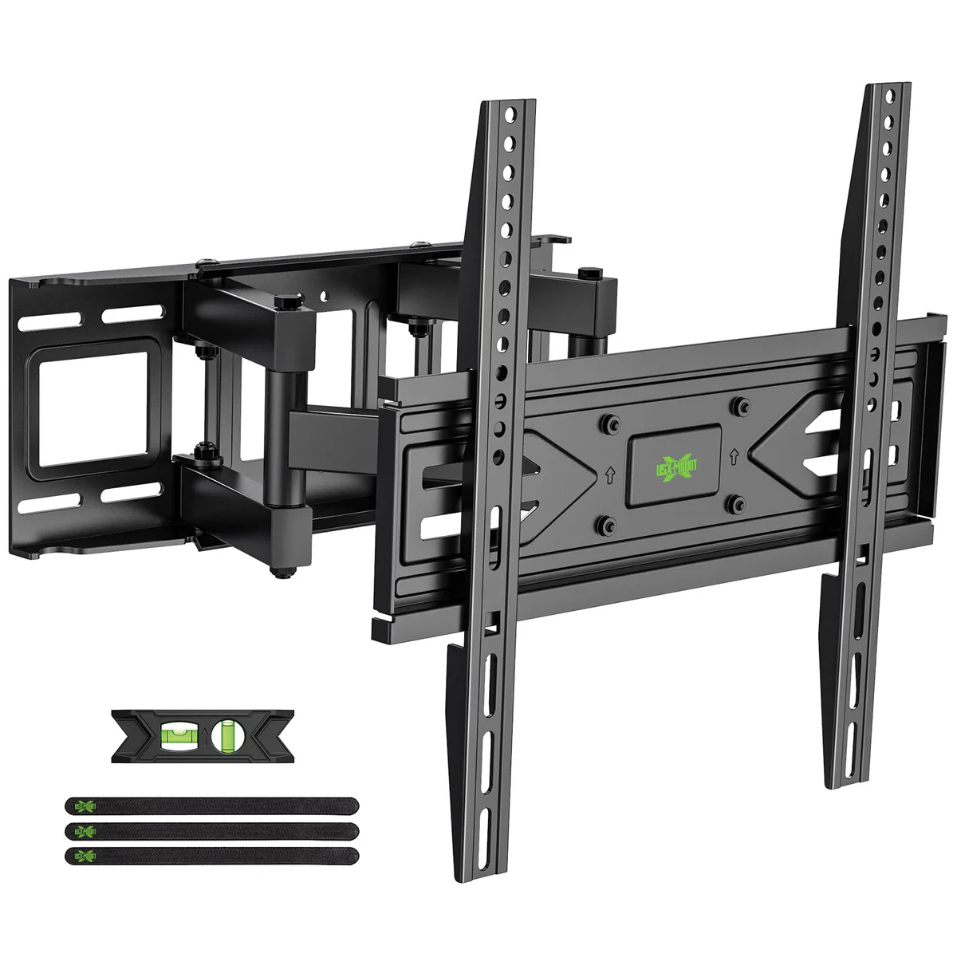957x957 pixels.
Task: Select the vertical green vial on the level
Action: [228, 734]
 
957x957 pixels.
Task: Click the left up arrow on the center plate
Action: [608, 474]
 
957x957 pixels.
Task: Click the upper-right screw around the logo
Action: [741, 404]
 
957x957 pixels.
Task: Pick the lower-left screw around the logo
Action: [608, 523]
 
